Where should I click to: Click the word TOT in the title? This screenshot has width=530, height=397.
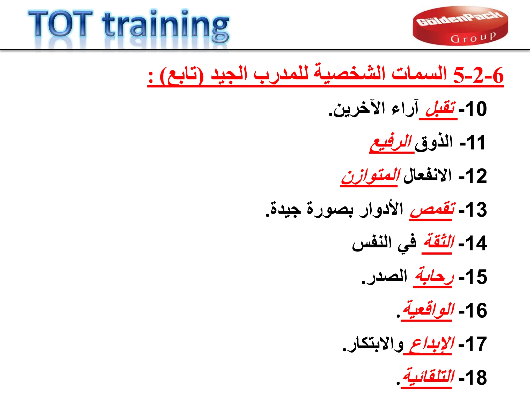click(61, 24)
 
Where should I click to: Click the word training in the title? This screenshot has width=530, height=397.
click(166, 26)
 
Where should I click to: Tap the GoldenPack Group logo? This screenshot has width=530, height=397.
click(460, 26)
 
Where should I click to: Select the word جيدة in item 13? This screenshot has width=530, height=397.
click(285, 210)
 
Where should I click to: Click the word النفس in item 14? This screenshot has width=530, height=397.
click(372, 243)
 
